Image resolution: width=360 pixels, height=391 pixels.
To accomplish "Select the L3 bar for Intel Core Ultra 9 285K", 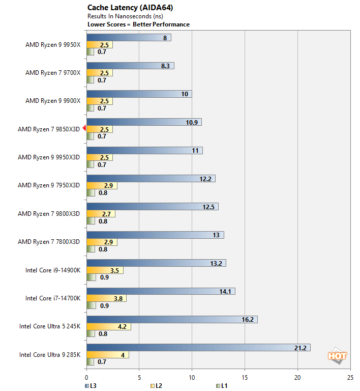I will [198, 348].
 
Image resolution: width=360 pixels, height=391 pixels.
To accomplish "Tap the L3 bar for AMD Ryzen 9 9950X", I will [129, 37].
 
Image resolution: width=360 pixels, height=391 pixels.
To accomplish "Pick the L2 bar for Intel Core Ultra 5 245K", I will [109, 326].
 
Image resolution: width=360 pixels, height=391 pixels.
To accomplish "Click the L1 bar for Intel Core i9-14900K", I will [91, 277].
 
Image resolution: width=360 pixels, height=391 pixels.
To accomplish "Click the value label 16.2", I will [249, 319].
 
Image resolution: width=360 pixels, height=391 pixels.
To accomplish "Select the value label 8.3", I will [166, 66].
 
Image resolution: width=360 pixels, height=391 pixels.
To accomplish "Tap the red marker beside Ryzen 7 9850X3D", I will [84, 129].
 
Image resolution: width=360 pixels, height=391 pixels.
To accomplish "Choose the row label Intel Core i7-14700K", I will [53, 298].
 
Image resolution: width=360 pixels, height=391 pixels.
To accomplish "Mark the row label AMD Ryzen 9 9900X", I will [53, 101].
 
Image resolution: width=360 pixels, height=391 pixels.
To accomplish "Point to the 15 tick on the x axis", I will [245, 378].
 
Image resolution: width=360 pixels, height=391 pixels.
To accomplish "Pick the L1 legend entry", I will [221, 386].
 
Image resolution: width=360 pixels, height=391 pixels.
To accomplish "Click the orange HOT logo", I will [337, 356].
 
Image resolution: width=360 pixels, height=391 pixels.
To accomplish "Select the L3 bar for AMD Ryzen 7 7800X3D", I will [155, 235].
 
